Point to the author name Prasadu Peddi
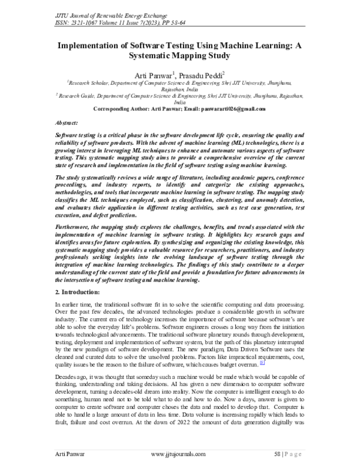(x=201, y=75)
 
